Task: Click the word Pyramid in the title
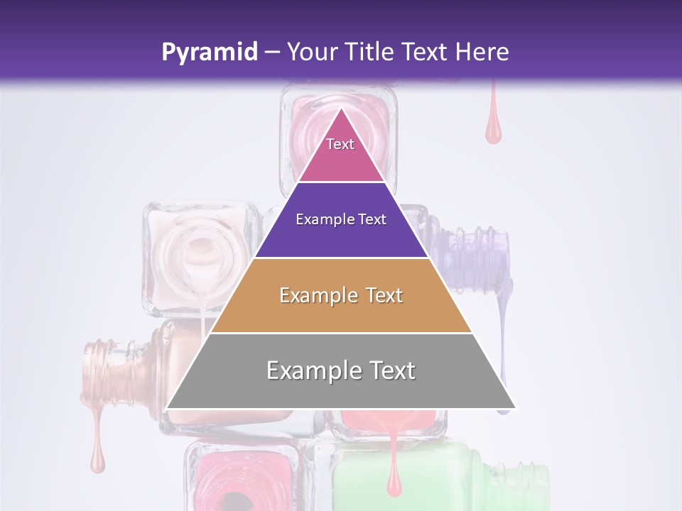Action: click(x=209, y=53)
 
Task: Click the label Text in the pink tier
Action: click(x=340, y=144)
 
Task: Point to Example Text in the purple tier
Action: click(x=341, y=219)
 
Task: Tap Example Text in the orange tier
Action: click(x=341, y=295)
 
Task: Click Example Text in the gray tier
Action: click(x=341, y=370)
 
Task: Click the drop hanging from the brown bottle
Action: click(x=97, y=461)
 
